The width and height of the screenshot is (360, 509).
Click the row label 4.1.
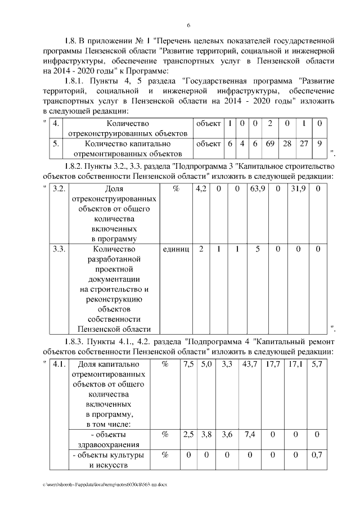[x=59, y=364]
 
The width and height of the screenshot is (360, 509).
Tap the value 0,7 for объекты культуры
[x=317, y=454]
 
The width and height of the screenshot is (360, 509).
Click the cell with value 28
[x=287, y=143]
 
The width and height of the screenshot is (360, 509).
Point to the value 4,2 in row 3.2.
[x=201, y=189]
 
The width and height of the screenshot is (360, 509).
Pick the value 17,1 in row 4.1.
[x=296, y=364]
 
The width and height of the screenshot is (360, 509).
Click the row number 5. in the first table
[x=56, y=143]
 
